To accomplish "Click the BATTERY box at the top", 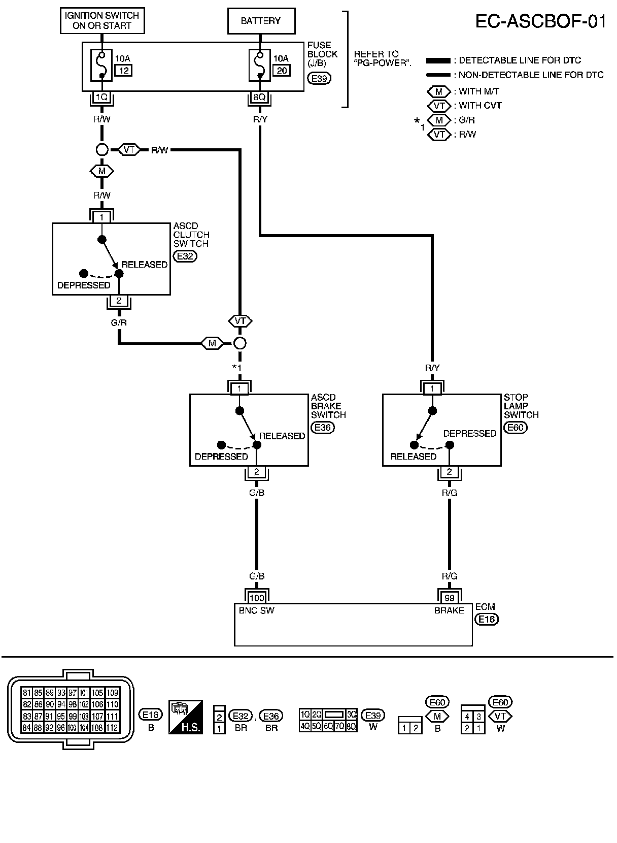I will tap(261, 21).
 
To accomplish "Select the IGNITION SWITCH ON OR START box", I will tap(102, 21).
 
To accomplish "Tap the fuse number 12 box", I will tap(123, 71).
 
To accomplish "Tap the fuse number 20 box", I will tap(282, 71).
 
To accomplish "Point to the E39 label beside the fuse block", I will tap(319, 79).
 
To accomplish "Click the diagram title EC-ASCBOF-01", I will tap(540, 22).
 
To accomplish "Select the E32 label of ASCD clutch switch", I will tap(185, 256).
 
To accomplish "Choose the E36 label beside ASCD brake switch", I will tap(323, 428).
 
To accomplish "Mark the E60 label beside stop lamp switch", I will tap(516, 428).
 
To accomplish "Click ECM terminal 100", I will tap(257, 598).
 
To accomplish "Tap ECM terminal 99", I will tap(449, 598).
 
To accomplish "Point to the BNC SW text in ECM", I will tap(256, 610).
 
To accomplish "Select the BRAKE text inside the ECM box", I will tap(449, 610).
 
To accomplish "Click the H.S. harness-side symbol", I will tap(186, 717).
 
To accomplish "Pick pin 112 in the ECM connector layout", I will tap(112, 728).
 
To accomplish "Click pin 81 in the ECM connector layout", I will tap(26, 693).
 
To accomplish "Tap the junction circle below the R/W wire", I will tap(102, 150).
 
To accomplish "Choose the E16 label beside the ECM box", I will tap(487, 619).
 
